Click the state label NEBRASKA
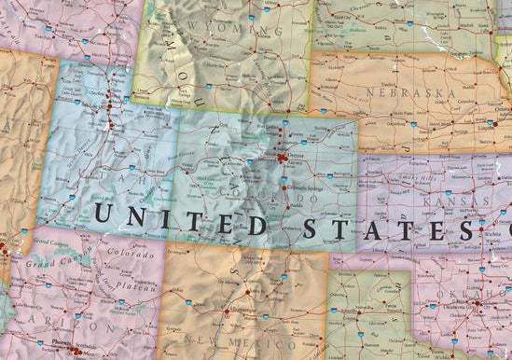point(410,93)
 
